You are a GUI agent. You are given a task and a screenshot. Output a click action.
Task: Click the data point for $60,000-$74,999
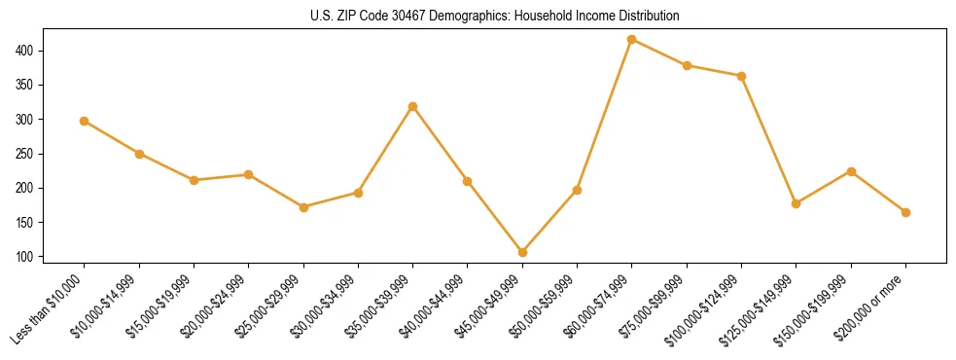tap(632, 39)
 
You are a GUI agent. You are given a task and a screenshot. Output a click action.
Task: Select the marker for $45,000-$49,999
tap(522, 252)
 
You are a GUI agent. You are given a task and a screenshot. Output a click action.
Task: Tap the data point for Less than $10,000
tap(85, 121)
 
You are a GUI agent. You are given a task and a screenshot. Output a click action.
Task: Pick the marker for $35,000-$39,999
tap(412, 106)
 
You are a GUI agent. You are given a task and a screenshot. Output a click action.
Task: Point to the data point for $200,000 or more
tap(905, 212)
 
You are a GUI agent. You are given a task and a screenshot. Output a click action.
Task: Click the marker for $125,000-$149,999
tap(796, 203)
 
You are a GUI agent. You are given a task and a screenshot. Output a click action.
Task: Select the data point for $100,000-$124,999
tap(741, 76)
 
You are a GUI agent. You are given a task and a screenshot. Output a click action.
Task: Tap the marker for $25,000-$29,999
tap(303, 207)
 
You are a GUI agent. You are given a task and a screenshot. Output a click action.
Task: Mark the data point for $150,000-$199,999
tap(851, 171)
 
